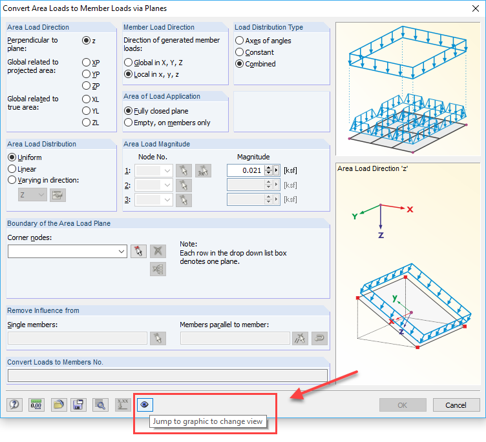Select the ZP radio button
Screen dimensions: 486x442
tap(86, 86)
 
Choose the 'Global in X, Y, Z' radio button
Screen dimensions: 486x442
tap(128, 63)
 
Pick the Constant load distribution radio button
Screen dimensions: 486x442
tap(239, 52)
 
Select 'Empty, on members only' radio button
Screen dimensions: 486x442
tap(128, 123)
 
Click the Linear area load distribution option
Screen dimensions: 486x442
tap(12, 169)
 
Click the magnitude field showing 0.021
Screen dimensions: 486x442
tap(246, 170)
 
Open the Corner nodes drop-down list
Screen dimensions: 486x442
tap(67, 252)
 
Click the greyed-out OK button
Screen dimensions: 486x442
tap(403, 405)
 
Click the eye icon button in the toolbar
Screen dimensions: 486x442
tap(144, 405)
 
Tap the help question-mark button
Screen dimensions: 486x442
tap(14, 405)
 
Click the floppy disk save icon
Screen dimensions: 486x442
tap(78, 405)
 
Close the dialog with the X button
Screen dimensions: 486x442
tap(476, 8)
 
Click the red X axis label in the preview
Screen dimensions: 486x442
tap(410, 210)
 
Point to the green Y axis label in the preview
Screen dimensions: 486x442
tap(355, 216)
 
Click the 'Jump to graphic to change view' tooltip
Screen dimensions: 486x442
tap(207, 421)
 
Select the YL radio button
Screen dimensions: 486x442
tap(86, 111)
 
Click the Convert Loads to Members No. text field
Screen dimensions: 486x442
tap(167, 376)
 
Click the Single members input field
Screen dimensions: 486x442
tap(78, 338)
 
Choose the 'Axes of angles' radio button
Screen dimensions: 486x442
tap(239, 41)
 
